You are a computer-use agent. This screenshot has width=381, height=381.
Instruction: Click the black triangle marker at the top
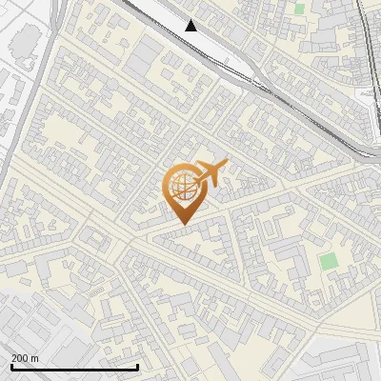191,26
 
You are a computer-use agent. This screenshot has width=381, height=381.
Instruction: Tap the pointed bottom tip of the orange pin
182,224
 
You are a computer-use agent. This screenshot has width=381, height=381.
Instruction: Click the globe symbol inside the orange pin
181,187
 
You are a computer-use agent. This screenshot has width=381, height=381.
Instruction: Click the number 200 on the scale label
20,358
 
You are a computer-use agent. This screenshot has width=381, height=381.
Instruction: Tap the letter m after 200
34,358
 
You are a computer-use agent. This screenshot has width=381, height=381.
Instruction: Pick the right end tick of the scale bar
138,367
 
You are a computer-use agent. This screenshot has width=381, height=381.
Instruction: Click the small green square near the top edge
299,9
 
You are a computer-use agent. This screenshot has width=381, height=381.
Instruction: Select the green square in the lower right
329,260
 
